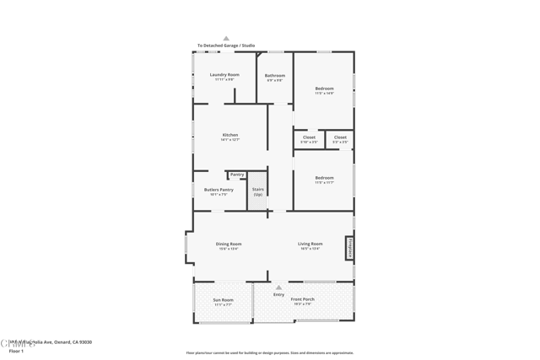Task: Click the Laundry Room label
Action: pyautogui.click(x=224, y=76)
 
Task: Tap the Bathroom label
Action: pyautogui.click(x=275, y=77)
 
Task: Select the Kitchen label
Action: pyautogui.click(x=230, y=136)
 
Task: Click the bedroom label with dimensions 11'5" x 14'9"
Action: pyautogui.click(x=324, y=89)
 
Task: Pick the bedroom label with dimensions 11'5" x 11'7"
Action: pyautogui.click(x=324, y=179)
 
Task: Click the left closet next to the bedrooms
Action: pyautogui.click(x=309, y=138)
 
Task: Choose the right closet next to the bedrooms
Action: pyautogui.click(x=340, y=138)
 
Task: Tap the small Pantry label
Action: pyautogui.click(x=237, y=175)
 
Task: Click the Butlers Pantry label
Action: pyautogui.click(x=219, y=191)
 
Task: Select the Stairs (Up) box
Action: pyautogui.click(x=258, y=192)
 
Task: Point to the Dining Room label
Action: pyautogui.click(x=229, y=245)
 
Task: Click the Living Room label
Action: pyautogui.click(x=310, y=245)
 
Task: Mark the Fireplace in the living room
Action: pyautogui.click(x=348, y=248)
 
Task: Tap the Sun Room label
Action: pyautogui.click(x=223, y=301)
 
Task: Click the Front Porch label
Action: pyautogui.click(x=303, y=300)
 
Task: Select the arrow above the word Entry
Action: pyautogui.click(x=278, y=287)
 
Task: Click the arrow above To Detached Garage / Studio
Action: pyautogui.click(x=226, y=39)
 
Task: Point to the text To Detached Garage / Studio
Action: pyautogui.click(x=226, y=46)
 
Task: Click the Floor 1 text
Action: pyautogui.click(x=16, y=350)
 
